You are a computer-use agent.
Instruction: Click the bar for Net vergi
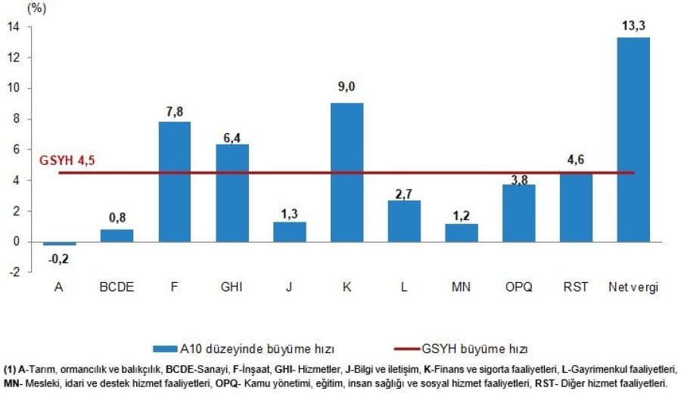633,140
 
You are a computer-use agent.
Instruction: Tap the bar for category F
175,181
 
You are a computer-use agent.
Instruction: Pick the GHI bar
232,193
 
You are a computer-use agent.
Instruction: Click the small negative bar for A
60,243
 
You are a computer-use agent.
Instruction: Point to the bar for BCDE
117,235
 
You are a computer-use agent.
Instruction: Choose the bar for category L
404,221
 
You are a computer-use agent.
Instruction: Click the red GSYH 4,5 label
67,160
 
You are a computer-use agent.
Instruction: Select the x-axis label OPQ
518,287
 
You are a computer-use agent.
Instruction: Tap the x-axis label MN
462,287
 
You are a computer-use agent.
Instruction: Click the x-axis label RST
576,287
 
